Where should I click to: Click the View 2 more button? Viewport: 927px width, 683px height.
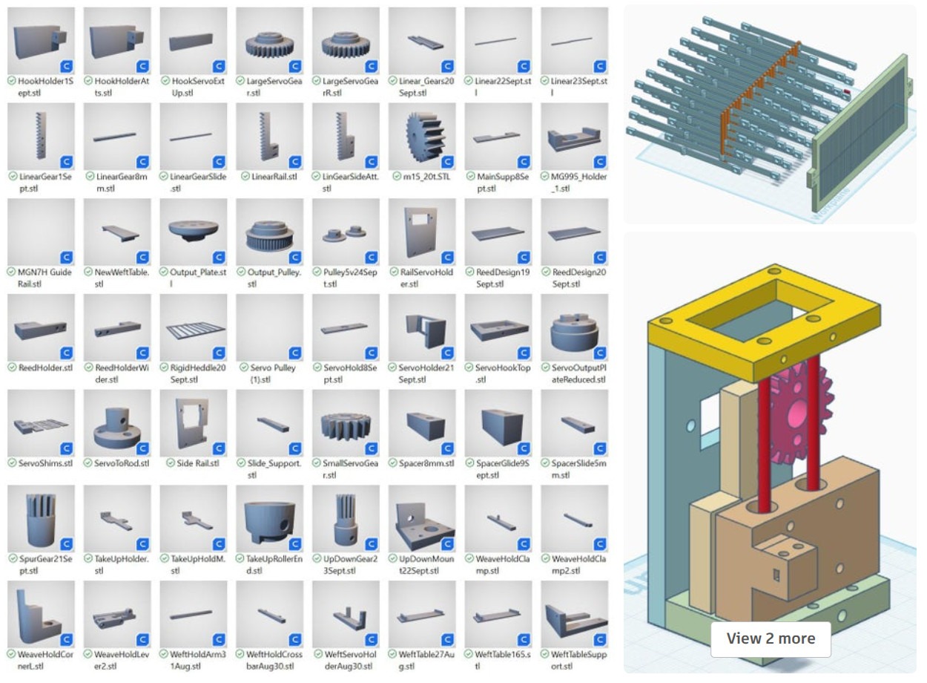(x=771, y=638)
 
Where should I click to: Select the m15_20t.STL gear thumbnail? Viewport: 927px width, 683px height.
(x=422, y=137)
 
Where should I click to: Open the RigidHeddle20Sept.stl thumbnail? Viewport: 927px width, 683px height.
(x=194, y=327)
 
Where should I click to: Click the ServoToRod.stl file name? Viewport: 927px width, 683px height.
(x=122, y=463)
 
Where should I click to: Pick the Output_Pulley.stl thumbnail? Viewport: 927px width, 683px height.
(x=270, y=232)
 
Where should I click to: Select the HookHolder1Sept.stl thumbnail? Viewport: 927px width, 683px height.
(x=42, y=41)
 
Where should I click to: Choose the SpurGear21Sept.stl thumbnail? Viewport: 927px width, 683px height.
(x=42, y=519)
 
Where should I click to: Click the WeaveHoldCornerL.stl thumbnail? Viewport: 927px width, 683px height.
(x=42, y=614)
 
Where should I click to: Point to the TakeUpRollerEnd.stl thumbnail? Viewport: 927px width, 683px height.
(x=270, y=519)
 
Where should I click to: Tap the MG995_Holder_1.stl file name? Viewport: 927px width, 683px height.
(x=578, y=182)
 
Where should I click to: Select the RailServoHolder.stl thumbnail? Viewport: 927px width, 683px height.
(x=422, y=232)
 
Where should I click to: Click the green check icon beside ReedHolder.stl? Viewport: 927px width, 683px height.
(x=12, y=367)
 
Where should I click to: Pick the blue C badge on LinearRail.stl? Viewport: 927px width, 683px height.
(x=295, y=162)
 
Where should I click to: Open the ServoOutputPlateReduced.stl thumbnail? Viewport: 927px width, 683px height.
(x=575, y=327)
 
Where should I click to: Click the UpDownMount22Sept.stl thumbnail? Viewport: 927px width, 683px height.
(x=422, y=519)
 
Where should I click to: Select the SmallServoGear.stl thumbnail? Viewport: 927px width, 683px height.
(x=346, y=423)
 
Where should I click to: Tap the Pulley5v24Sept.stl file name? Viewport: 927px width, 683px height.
(x=350, y=278)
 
